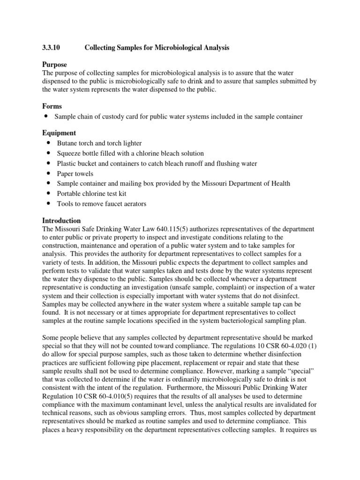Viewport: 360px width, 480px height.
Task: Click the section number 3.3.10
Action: [52, 48]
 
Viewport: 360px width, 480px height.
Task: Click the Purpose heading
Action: [54, 64]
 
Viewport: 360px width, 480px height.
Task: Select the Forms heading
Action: [52, 106]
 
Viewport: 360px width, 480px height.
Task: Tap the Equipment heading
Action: [59, 133]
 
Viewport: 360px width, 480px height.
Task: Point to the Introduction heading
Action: [61, 220]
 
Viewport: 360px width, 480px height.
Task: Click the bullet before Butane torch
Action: [49, 143]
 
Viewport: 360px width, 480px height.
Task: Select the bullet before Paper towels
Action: [49, 173]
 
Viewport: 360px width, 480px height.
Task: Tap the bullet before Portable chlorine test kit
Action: [49, 194]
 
